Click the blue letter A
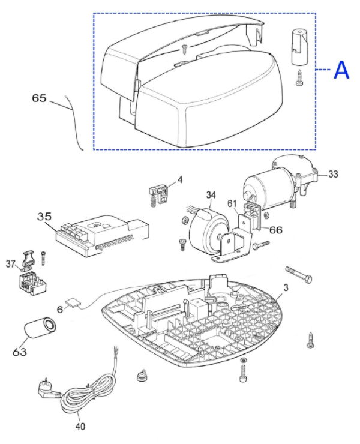pos(341,70)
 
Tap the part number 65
pos(39,98)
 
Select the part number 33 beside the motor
pos(333,174)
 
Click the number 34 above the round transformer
pos(211,195)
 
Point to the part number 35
pos(44,217)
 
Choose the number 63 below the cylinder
pos(20,352)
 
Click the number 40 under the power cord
pos(80,426)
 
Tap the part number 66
pos(275,230)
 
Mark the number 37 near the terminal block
pos(10,264)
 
